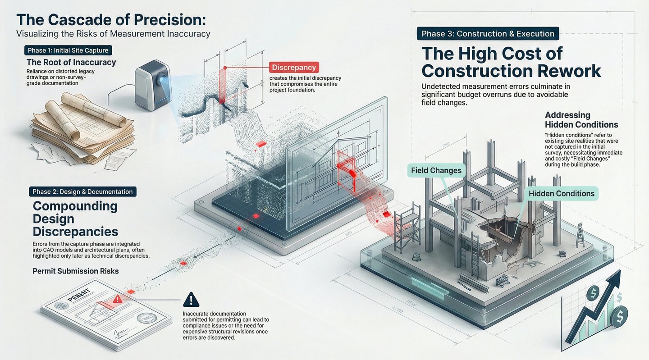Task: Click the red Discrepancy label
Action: [294, 68]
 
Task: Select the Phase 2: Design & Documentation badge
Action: [82, 191]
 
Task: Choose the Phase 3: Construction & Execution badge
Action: [488, 34]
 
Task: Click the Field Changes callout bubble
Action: [436, 170]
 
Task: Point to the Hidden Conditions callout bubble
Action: [561, 194]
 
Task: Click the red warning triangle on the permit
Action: [118, 298]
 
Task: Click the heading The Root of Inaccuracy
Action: [71, 62]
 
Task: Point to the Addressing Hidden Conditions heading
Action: [581, 119]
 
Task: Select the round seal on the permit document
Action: [147, 321]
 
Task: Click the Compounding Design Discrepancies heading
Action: [75, 219]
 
